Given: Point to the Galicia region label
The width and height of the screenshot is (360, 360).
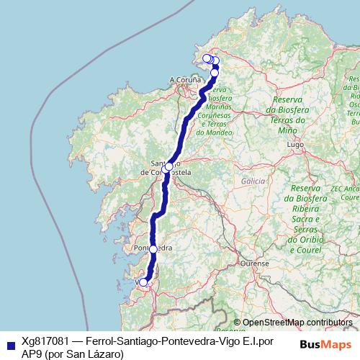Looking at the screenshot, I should coord(253,181).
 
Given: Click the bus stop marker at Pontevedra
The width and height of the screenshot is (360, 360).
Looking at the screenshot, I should coord(153,248).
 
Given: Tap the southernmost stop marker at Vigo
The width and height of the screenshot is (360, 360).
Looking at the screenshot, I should coord(143,282).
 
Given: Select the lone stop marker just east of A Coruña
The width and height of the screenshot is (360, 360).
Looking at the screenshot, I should coord(214,73).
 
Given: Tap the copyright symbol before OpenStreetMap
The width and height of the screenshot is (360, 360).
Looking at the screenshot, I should coord(237,323).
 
